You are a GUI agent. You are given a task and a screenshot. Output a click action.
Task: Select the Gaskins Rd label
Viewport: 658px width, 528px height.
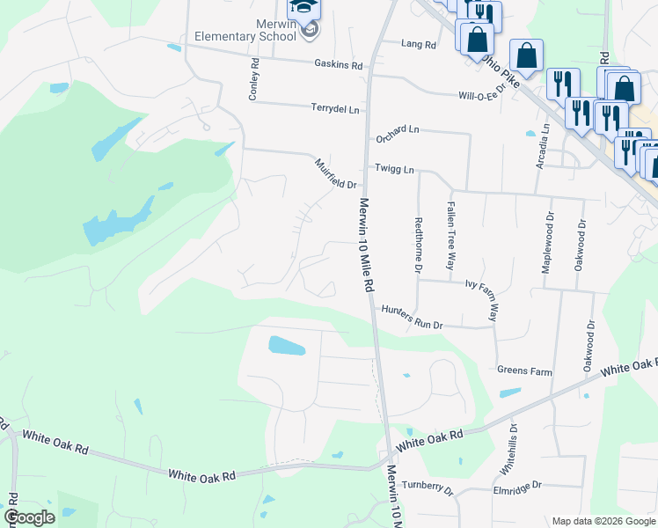339,64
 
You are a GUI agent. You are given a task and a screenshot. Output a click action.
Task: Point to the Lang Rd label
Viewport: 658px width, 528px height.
418,44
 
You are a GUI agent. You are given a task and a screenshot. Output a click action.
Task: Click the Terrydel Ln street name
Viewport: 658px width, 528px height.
335,109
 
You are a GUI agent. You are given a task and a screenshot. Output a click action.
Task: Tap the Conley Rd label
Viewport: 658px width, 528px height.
253,79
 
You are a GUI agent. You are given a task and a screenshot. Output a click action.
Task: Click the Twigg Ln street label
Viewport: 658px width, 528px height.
394,167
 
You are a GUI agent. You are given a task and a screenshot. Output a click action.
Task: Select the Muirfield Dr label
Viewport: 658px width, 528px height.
336,173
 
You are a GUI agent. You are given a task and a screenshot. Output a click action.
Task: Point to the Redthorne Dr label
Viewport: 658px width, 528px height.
419,246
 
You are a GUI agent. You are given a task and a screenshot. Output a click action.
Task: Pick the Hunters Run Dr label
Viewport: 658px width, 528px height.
412,317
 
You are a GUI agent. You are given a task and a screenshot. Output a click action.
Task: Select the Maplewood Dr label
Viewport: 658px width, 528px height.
548,242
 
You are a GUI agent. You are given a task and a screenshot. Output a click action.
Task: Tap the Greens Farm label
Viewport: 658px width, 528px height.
524,371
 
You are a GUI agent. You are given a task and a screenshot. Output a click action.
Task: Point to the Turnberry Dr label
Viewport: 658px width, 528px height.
427,486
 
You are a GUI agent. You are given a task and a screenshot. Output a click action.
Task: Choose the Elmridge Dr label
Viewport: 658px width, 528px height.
518,484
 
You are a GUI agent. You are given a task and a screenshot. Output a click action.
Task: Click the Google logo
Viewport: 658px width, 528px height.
29,517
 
